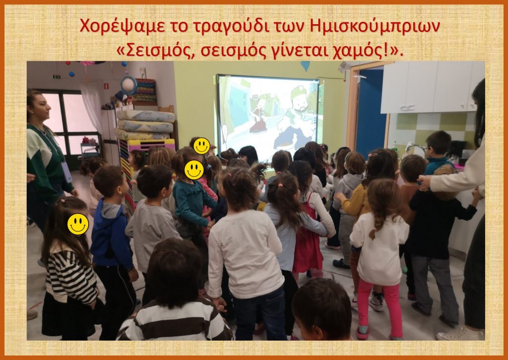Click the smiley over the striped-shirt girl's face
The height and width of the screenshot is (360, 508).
coord(78,224)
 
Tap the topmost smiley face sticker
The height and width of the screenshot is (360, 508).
coord(201,146)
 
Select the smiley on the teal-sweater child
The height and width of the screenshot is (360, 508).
coord(194,170)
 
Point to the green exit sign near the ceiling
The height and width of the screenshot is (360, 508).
coord(57,77)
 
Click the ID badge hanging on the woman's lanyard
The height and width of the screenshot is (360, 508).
coord(67,172)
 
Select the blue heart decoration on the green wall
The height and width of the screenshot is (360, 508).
coord(305,66)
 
